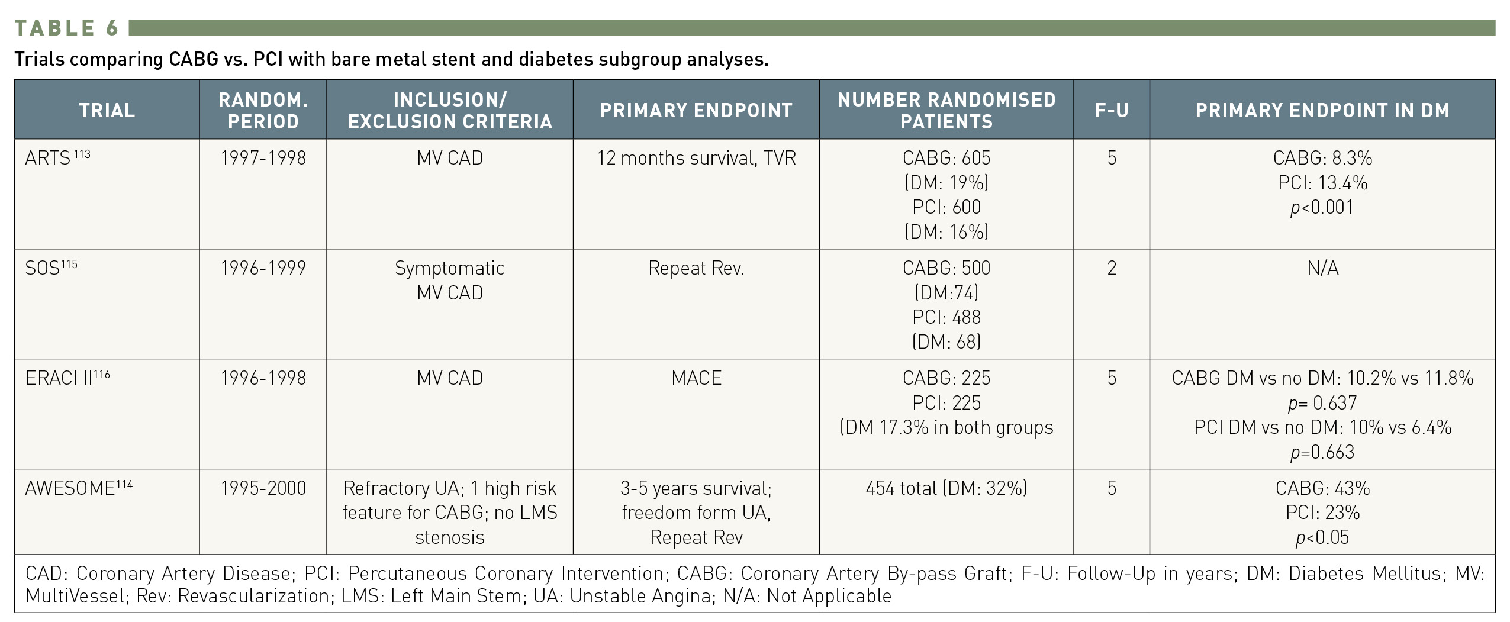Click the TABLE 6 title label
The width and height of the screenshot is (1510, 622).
point(67,28)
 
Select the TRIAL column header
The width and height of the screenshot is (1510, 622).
point(107,110)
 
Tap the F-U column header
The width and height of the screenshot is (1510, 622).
point(1111,110)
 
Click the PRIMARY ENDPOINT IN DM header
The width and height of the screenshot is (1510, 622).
point(1322,110)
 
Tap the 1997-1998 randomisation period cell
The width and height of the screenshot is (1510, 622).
point(263,158)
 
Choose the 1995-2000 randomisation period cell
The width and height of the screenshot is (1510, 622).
point(263,488)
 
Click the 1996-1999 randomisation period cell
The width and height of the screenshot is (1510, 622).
point(263,268)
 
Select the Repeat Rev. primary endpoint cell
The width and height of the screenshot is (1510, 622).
point(696,268)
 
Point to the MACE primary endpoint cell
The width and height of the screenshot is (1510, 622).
point(696,378)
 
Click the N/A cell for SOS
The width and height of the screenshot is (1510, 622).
point(1322,268)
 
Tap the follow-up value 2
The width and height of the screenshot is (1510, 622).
point(1111,268)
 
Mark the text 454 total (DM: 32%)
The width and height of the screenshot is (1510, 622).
point(946,488)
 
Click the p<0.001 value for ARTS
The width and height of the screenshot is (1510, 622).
point(1322,207)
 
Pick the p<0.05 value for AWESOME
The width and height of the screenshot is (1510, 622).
point(1322,537)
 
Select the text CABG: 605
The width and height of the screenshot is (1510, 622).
point(946,158)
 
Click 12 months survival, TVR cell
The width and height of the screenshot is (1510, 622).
point(696,158)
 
